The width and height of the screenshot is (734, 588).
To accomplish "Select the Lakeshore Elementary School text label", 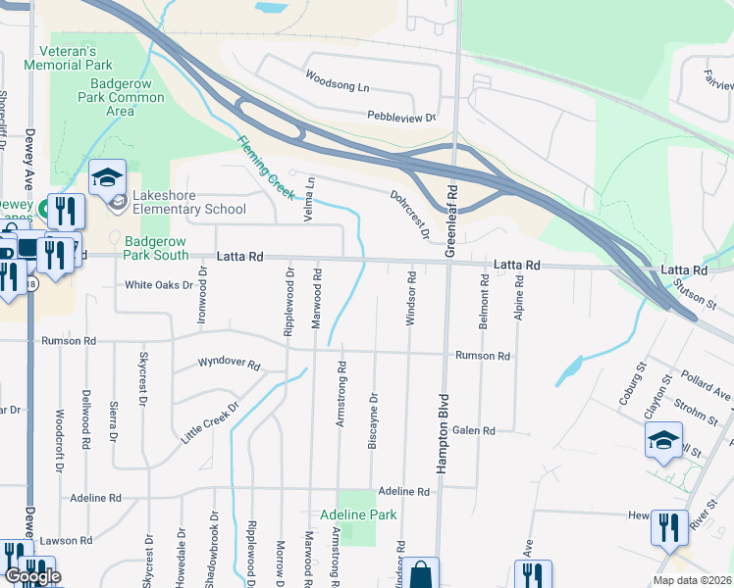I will (x=187, y=201).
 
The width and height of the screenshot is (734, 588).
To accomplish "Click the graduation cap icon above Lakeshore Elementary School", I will (x=107, y=177).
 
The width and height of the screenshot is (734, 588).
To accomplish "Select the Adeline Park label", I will (x=357, y=514).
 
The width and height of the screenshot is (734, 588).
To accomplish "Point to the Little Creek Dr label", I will (x=210, y=422).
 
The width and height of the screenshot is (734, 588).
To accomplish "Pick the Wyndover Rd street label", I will (x=229, y=364).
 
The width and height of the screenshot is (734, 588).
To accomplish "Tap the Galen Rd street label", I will (x=474, y=431).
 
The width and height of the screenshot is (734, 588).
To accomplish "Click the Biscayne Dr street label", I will (x=373, y=420).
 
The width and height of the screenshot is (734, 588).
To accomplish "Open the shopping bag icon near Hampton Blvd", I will (x=421, y=574).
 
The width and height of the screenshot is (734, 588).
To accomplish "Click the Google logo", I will (x=31, y=576).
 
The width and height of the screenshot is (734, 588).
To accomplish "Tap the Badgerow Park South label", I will (x=157, y=248).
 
